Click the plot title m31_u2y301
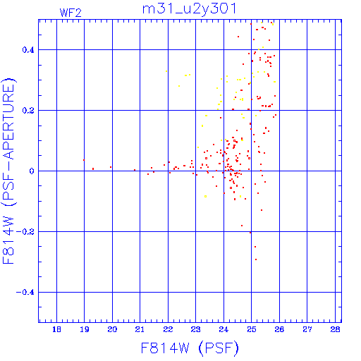189,9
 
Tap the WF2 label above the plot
71,13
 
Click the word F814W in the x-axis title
165,348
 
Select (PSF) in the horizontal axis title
219,348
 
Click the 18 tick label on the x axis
56,329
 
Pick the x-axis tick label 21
140,329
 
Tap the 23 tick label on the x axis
195,329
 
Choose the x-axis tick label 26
279,329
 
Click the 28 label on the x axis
335,329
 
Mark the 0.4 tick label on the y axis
28,50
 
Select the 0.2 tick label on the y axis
28,111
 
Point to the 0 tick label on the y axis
32,171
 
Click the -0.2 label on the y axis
25,232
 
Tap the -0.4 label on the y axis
25,293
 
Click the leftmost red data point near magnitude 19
84,160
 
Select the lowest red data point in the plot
256,259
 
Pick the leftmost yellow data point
166,71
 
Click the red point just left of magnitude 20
111,167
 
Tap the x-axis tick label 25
252,329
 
